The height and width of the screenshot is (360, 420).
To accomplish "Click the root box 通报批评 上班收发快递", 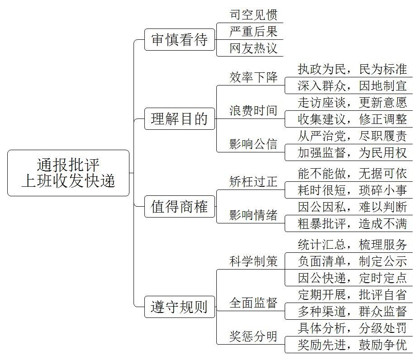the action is pos(68,173).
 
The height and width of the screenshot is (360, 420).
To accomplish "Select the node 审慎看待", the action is pos(180,40).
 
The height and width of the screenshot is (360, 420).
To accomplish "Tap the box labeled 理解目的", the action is pos(180,119).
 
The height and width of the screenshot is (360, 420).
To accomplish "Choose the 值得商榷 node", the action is pos(180,206).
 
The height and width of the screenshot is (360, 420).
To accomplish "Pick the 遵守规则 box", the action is pos(180,307).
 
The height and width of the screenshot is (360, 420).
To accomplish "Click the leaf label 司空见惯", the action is pos(253,15).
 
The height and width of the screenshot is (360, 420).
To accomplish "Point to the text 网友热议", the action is pos(253,48).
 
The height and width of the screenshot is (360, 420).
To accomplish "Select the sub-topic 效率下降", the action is pos(253,77).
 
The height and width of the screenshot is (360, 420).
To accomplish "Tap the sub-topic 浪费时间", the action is pos(253,110).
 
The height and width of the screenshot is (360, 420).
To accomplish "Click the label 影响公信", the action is pos(253,144).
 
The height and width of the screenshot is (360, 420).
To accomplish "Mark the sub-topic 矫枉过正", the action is pos(253,182).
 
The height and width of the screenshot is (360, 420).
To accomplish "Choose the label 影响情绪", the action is pos(253,215).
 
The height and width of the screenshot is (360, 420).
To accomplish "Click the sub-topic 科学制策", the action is pos(253,261).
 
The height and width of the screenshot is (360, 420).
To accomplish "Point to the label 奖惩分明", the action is pos(253,336).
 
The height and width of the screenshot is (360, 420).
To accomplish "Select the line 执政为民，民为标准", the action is pos(352,69).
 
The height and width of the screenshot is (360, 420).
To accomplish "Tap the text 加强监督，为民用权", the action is pos(352,153).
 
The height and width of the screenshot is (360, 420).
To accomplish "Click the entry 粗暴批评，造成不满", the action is pos(352,224).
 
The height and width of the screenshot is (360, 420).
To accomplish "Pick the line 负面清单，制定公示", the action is pos(352,261).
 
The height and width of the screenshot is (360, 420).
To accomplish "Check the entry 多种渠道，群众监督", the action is pos(352,311).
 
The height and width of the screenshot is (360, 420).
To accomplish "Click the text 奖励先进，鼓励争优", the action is pos(352,345).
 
